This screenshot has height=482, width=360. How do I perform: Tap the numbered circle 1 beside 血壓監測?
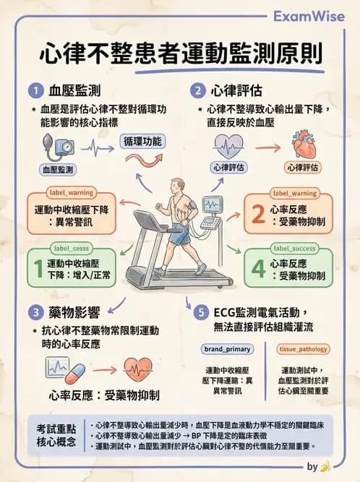tap(34, 91)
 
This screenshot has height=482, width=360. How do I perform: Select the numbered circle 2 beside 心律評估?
tap(197, 91)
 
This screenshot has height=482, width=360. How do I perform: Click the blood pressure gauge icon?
tap(57, 147)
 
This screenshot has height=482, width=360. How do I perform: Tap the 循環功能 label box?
tap(142, 141)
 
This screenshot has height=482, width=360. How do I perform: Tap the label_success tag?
tap(294, 248)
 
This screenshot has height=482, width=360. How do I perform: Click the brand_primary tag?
tap(228, 349)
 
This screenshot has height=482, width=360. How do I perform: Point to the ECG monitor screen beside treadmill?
tap(212, 205)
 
